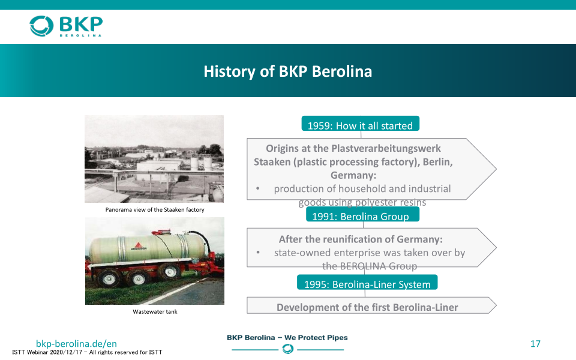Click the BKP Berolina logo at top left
66,26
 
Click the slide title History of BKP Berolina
287,71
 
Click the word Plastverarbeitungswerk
386,148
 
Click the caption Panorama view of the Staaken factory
155,210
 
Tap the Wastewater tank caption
155,312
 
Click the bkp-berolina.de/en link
76,343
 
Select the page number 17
535,344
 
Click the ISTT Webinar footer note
87,352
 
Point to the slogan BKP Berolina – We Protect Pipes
287,338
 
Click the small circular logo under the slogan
287,349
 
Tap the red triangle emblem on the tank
139,245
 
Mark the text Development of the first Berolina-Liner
367,307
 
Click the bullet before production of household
258,188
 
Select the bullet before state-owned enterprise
258,253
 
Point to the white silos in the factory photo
200,163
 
